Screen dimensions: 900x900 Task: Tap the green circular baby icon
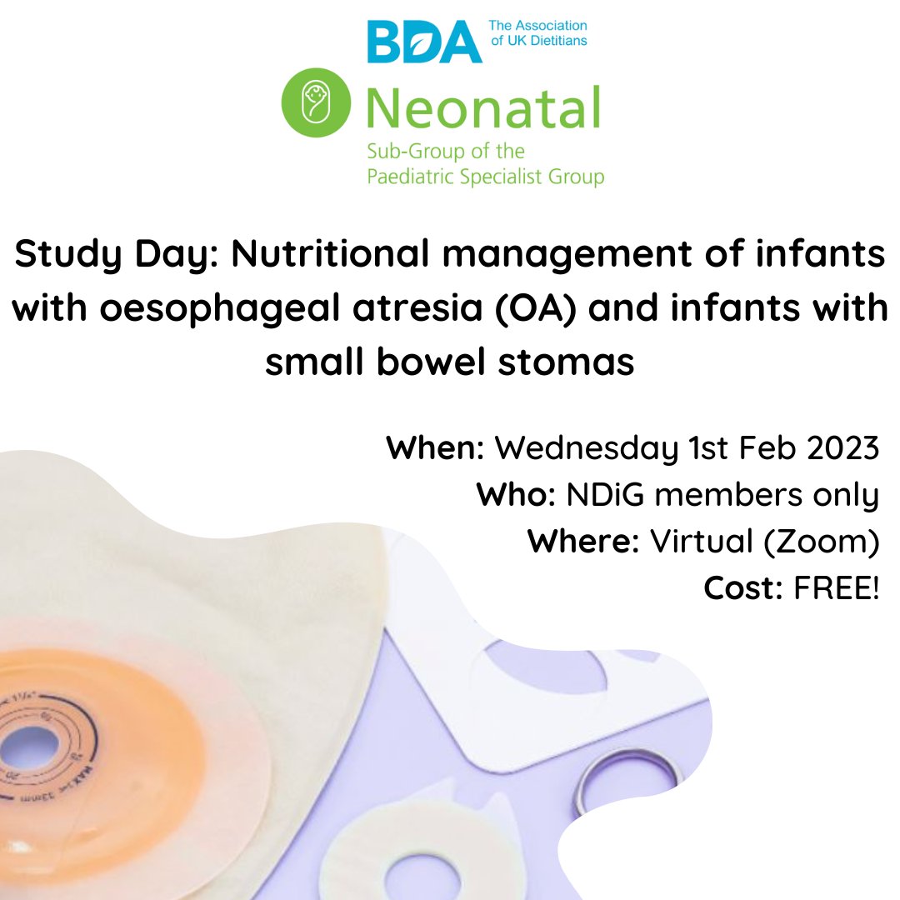[x=315, y=102]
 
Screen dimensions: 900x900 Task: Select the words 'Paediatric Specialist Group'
[x=485, y=176]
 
